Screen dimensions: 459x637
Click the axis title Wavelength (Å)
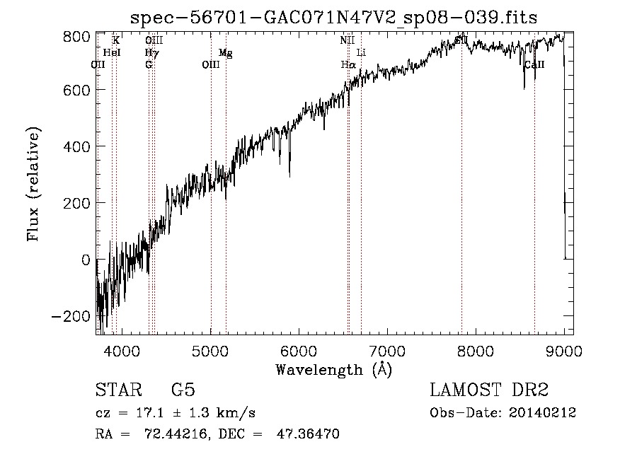333,368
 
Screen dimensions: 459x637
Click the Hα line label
348,64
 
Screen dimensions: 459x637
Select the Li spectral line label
361,52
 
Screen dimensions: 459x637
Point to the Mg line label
225,52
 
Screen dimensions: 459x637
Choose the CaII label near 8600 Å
534,64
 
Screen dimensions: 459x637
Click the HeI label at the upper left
112,52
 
